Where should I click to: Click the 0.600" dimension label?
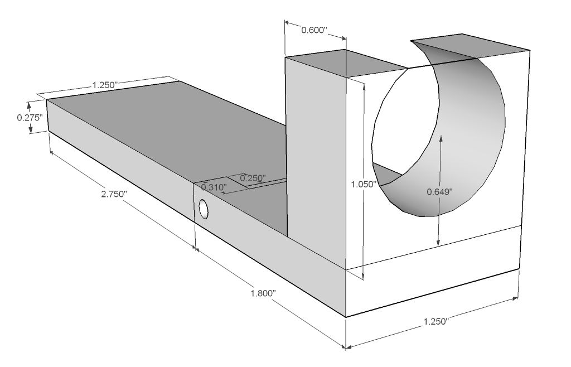314,30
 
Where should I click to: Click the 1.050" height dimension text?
365,183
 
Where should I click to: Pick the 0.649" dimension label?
439,191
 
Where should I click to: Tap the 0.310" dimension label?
213,187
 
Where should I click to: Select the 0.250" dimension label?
253,178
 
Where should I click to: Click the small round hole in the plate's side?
204,209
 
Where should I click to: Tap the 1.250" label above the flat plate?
103,85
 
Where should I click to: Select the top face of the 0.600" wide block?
346,62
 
